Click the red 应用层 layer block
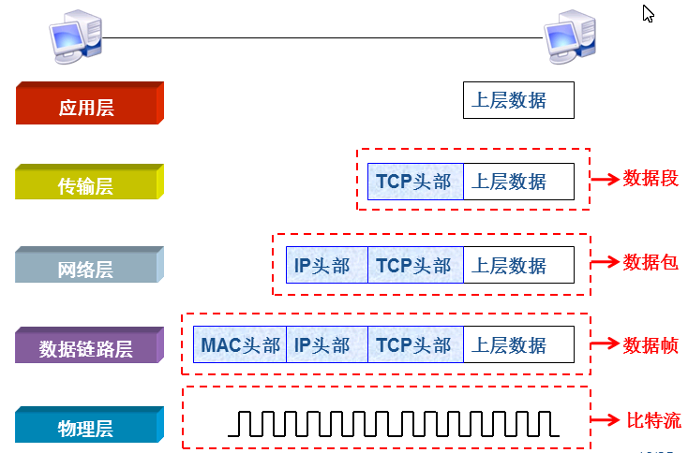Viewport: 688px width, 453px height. tap(86, 105)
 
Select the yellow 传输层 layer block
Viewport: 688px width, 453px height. tap(86, 183)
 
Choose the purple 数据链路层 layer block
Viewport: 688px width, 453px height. tap(86, 347)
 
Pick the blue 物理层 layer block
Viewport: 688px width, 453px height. tap(86, 427)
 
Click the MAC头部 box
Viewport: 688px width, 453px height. tap(240, 345)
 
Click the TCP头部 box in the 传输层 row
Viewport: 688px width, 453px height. tap(414, 182)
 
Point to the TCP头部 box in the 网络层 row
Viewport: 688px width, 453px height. tap(414, 266)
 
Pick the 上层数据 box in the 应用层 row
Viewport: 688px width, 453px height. tap(518, 100)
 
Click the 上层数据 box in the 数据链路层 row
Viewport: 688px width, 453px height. tap(518, 345)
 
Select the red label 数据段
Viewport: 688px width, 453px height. tap(651, 178)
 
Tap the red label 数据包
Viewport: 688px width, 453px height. tap(651, 262)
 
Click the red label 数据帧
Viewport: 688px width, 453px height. tap(651, 343)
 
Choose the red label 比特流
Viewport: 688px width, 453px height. tap(653, 419)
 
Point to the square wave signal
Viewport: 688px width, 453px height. tap(394, 423)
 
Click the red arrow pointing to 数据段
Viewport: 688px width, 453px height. tap(606, 178)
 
